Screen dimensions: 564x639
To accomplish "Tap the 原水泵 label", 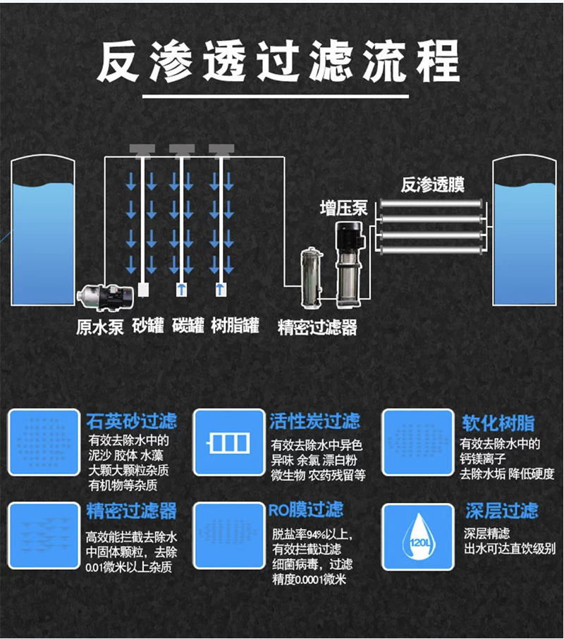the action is (100, 327).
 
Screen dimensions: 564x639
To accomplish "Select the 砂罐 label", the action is (148, 326).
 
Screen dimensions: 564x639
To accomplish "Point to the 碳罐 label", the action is (188, 326).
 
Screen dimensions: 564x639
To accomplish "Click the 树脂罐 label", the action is (235, 326).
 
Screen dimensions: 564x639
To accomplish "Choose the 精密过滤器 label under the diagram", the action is (317, 328).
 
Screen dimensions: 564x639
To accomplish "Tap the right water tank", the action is (524, 232).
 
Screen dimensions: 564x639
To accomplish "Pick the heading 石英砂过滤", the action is (131, 422).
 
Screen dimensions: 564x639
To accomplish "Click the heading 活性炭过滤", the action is (314, 422).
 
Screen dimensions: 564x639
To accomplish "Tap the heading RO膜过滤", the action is (306, 509).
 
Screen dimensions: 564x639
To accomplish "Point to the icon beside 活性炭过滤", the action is (228, 442).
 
